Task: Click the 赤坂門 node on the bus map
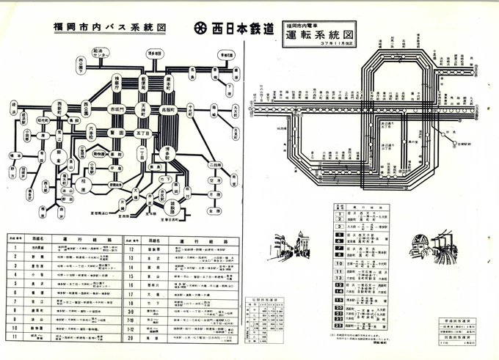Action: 116,109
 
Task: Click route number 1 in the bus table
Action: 15,247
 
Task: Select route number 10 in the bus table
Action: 15,326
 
